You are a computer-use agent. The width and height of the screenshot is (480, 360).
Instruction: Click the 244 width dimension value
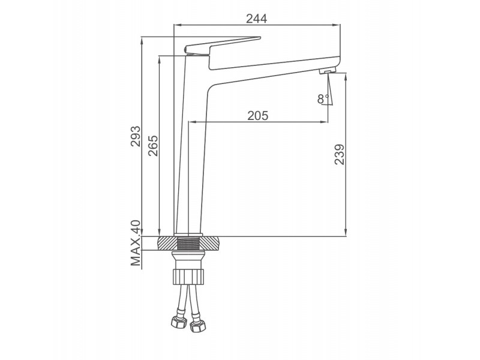point(257,19)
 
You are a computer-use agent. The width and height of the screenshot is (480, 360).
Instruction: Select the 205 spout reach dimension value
point(258,115)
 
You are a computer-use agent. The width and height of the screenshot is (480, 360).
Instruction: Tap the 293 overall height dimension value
point(136,136)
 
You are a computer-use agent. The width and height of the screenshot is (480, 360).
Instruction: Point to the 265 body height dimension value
point(153,146)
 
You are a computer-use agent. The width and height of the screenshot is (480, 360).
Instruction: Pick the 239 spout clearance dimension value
point(339,155)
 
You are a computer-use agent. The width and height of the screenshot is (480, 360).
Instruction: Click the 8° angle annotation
point(323,99)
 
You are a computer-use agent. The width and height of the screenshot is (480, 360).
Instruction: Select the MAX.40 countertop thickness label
point(136,243)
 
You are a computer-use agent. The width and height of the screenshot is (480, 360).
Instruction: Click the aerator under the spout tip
point(327,71)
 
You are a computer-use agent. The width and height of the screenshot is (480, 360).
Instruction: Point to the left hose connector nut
point(179,322)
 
